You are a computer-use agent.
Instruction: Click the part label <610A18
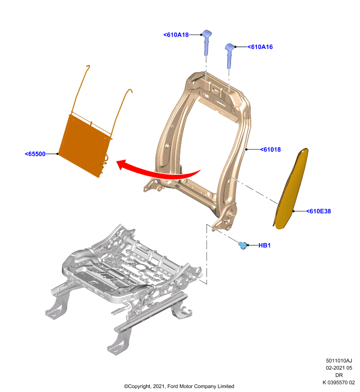pos(176,35)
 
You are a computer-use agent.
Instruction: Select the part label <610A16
pos(260,47)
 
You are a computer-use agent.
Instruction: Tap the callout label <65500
pos(35,154)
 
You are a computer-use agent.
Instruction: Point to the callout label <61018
pos(270,149)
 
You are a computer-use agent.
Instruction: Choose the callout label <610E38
pos(318,211)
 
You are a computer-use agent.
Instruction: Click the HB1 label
pos(264,245)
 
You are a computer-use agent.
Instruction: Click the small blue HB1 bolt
pos(243,245)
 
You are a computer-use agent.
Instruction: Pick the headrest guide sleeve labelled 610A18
pos(206,42)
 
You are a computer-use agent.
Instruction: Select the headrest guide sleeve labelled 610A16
pos(229,55)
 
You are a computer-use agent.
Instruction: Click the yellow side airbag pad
pos(291,189)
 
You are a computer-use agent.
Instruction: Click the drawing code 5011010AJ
pos(339,361)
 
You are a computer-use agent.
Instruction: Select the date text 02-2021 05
pos(339,368)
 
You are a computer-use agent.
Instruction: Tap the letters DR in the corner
pos(339,375)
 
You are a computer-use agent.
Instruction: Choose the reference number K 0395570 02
pos(338,382)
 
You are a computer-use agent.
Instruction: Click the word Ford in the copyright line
pos(173,386)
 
